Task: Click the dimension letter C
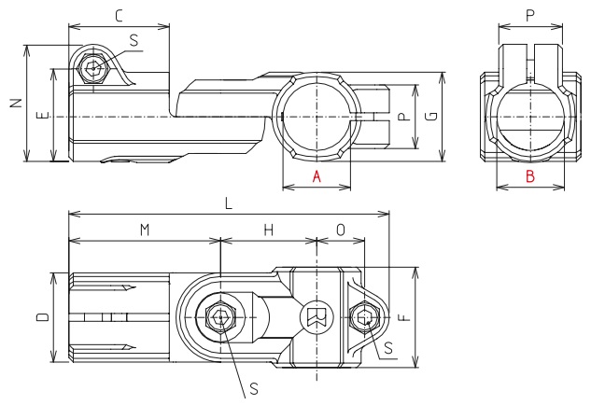119,16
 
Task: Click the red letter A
317,176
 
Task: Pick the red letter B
528,176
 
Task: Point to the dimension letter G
429,116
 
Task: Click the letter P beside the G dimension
401,116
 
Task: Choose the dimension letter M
144,230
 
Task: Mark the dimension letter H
268,230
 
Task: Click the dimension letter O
341,230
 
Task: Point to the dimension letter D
42,318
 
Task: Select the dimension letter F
402,317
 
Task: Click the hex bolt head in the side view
91,69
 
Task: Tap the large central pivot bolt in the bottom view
219,318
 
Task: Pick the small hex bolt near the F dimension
364,318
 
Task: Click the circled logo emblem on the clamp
314,318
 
